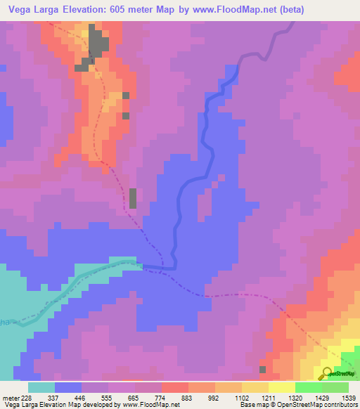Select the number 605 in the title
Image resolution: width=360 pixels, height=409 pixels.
pyautogui.click(x=129, y=10)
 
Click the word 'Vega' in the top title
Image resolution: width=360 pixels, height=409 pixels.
pyautogui.click(x=22, y=10)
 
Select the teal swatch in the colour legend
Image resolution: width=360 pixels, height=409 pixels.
pyautogui.click(x=41, y=387)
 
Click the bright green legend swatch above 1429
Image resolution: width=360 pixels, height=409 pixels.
pyautogui.click(x=309, y=387)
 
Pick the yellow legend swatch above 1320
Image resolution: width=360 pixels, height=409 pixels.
pyautogui.click(x=282, y=387)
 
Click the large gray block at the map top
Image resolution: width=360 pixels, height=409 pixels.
pyautogui.click(x=98, y=44)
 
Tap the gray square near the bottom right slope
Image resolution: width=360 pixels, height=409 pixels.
pyautogui.click(x=263, y=369)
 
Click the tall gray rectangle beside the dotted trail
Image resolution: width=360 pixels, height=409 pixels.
pyautogui.click(x=132, y=198)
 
